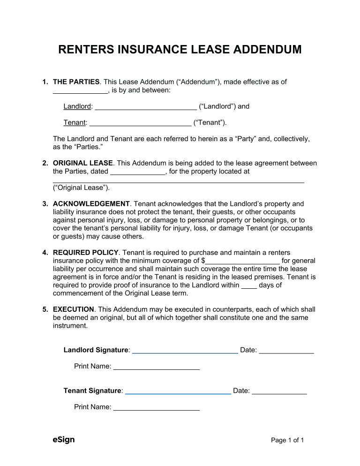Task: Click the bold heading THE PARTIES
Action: point(76,82)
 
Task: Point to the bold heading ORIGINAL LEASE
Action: point(82,163)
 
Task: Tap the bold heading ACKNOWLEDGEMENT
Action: point(91,203)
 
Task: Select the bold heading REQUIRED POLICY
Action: point(86,253)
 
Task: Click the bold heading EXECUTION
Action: point(74,309)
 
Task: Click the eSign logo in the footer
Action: point(64,440)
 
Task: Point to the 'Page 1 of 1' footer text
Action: point(288,440)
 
